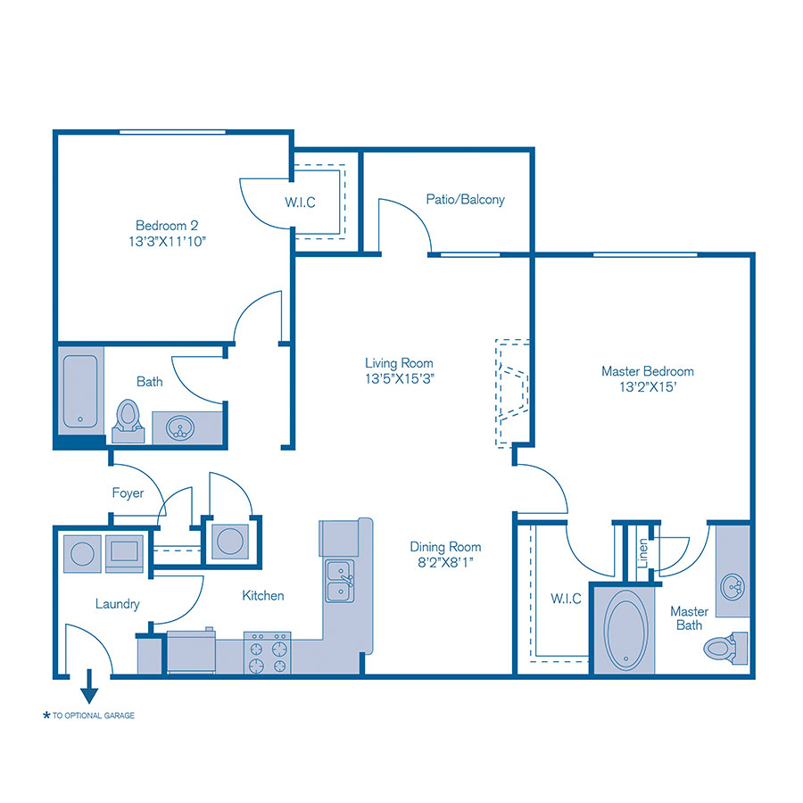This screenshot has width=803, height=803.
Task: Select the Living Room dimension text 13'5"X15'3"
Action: click(399, 378)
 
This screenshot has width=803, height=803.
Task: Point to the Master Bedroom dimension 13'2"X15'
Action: click(647, 387)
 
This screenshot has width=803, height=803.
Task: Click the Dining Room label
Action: click(445, 547)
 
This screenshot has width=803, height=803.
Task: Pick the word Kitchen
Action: click(263, 595)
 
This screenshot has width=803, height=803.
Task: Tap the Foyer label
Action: click(128, 493)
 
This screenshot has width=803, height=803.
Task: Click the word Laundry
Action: click(118, 604)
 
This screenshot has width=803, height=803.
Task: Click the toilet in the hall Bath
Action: click(129, 418)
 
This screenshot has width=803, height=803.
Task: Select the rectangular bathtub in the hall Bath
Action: click(81, 391)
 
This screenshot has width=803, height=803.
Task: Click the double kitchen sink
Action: click(339, 580)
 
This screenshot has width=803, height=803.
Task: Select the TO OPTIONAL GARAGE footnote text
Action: click(93, 716)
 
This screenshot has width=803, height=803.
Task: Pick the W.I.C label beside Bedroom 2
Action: click(301, 203)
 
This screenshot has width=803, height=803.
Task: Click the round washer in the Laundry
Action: click(81, 552)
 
